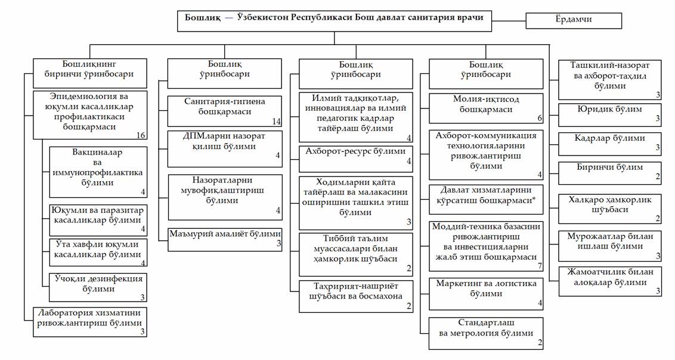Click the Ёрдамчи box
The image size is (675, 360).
click(x=574, y=21)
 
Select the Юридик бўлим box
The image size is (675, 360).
click(x=609, y=114)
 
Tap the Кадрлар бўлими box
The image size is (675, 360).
click(x=609, y=144)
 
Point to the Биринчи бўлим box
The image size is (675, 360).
click(x=609, y=173)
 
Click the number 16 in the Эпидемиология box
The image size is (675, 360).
click(x=141, y=135)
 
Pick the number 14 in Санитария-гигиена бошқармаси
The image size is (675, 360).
click(x=276, y=122)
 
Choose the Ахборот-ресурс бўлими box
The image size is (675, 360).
click(x=355, y=159)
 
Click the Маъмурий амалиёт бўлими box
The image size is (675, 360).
click(x=225, y=240)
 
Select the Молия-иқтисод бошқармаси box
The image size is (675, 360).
click(x=486, y=108)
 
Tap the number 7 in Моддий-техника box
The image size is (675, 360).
click(x=540, y=266)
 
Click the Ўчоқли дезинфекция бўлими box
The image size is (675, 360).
click(x=98, y=287)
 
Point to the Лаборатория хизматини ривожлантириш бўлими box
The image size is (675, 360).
click(x=90, y=322)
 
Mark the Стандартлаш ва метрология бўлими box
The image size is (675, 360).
click(x=486, y=333)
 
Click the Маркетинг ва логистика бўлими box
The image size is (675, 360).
click(x=486, y=294)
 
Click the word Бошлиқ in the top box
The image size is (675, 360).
click(x=202, y=18)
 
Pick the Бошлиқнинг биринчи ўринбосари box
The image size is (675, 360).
click(x=90, y=73)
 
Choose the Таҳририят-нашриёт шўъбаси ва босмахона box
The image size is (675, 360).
click(x=356, y=296)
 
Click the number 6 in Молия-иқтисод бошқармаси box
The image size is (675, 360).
click(x=540, y=118)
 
